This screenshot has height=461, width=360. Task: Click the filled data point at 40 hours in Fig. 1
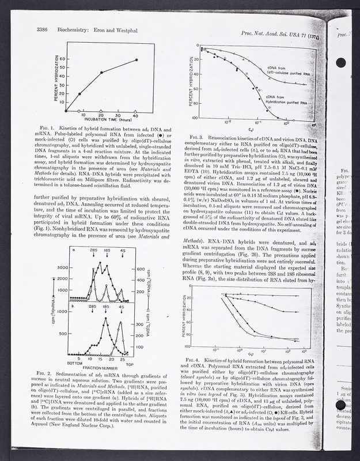click(137, 60)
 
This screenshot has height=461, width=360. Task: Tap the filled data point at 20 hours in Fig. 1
click(101, 73)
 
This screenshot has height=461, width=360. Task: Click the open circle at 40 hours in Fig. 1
click(137, 109)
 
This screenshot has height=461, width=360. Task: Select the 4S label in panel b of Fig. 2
click(122, 308)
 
